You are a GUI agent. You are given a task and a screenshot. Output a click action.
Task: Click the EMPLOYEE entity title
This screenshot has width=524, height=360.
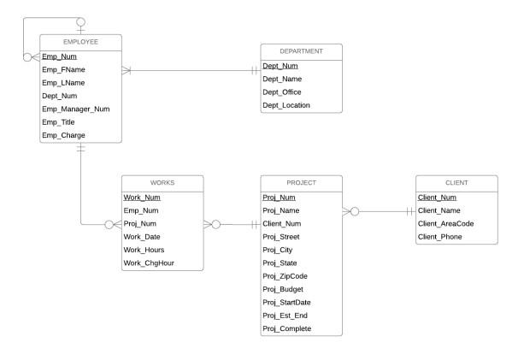pos(81,42)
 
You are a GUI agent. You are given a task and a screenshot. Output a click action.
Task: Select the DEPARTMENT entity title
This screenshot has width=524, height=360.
pos(301,50)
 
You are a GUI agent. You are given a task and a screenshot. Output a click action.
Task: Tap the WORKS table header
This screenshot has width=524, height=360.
pos(162,182)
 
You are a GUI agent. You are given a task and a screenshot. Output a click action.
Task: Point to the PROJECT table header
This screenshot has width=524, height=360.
pos(301,182)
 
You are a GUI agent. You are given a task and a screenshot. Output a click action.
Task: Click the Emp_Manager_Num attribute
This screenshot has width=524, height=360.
pos(76,109)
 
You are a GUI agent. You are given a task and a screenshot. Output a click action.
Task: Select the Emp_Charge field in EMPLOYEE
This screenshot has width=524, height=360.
pos(63,136)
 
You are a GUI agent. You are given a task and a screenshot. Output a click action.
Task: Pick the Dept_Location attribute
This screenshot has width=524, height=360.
pos(286,105)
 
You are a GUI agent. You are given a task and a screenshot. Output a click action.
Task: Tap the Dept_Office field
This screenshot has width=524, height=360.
pos(282,92)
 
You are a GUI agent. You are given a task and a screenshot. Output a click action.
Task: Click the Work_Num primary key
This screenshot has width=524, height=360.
pos(142,198)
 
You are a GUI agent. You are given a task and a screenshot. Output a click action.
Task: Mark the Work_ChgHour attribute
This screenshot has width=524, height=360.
pos(150,263)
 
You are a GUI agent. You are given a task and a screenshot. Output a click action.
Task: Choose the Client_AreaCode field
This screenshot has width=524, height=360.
pos(445,223)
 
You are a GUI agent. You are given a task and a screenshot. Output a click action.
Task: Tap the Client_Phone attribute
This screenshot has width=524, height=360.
pos(441,236)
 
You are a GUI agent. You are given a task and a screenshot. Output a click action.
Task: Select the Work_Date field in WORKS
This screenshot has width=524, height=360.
pos(142,236)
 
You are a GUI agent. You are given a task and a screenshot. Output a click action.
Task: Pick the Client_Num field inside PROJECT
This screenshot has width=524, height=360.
pos(282,223)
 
